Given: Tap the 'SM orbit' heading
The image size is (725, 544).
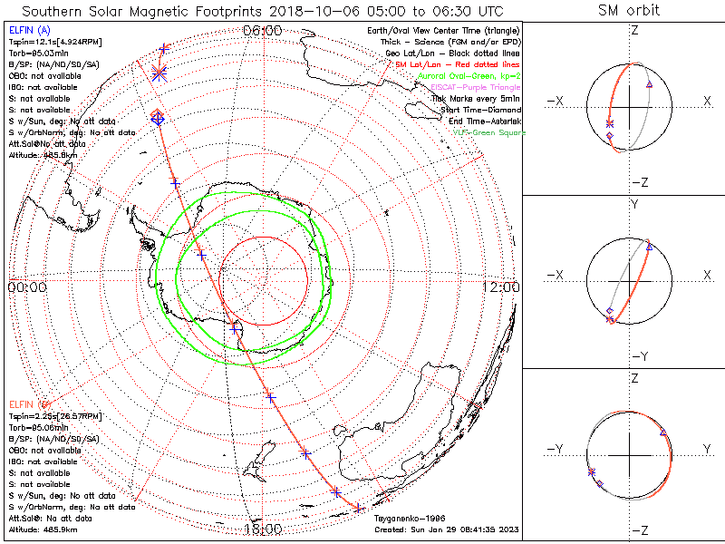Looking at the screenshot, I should click(629, 11).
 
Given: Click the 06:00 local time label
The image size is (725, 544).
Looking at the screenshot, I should click(263, 30).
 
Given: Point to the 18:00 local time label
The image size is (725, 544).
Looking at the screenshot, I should click(263, 529).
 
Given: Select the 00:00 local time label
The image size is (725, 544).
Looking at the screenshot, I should click(26, 287).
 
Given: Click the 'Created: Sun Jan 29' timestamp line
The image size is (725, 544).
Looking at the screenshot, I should click(446, 529).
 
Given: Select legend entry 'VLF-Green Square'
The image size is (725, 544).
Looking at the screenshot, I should click(488, 132).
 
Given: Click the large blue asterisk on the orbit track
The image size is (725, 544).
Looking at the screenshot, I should click(160, 73).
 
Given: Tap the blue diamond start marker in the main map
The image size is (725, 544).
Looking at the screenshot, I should click(157, 118).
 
